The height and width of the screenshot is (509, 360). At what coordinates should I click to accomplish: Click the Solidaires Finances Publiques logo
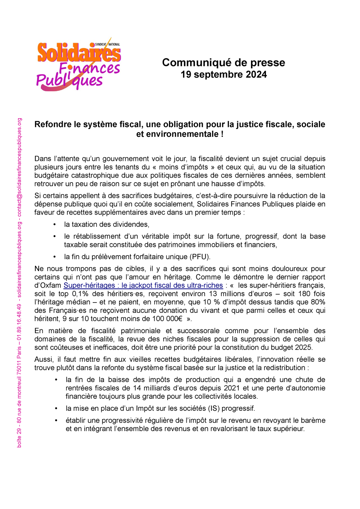[x=79, y=64]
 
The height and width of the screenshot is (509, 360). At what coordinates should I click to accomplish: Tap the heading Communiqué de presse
[x=223, y=63]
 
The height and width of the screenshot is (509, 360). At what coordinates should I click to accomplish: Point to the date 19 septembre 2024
[x=223, y=75]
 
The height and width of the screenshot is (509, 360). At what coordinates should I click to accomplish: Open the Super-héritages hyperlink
[x=143, y=285]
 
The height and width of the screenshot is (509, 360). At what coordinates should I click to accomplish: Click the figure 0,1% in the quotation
[x=80, y=294]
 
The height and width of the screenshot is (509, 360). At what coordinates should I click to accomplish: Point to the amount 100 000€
[x=166, y=319]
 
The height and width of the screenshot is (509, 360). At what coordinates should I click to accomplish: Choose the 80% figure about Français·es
[x=318, y=302]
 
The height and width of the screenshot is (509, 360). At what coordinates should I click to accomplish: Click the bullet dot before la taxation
[x=55, y=225]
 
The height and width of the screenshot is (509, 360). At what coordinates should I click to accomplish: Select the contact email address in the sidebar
[x=19, y=167]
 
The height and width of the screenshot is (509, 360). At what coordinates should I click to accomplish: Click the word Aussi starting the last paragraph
[x=43, y=359]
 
